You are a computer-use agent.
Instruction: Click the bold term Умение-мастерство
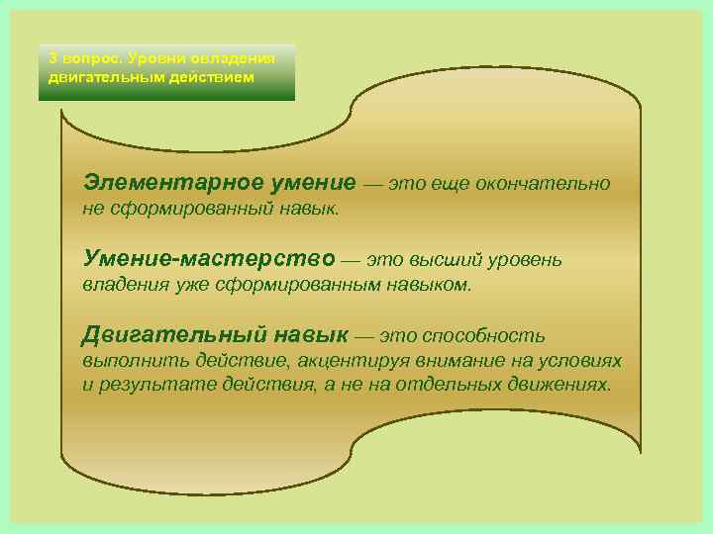(210, 260)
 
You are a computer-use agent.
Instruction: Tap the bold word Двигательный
(163, 335)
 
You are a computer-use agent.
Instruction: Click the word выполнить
(126, 361)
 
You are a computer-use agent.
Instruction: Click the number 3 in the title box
(53, 57)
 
